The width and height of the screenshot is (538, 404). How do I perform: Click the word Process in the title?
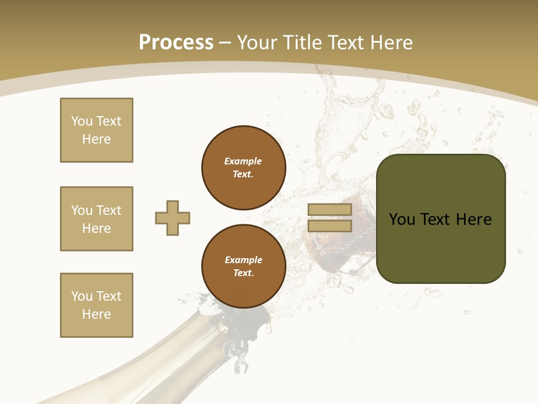176,43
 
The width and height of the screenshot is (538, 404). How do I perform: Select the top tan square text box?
96,130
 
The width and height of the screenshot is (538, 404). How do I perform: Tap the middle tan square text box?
96,219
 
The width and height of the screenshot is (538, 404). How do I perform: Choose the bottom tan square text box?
96,305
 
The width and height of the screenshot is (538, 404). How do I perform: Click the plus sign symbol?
173,218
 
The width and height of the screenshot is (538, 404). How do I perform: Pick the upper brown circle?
243,168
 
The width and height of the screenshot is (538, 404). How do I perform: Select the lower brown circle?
243,267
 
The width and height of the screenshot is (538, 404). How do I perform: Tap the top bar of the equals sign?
330,210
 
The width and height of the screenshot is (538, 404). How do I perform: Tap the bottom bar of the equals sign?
330,226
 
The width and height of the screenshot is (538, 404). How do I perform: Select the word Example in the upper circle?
243,161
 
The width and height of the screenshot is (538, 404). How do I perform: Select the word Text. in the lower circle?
243,273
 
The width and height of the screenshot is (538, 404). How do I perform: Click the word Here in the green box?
474,219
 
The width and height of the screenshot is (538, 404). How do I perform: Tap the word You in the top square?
82,121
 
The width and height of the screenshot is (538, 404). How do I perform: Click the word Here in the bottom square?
96,314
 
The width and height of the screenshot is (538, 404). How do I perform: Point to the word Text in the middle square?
109,210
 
